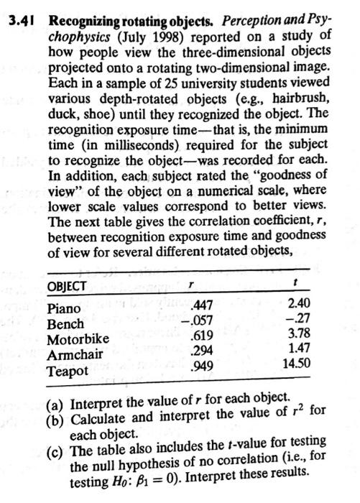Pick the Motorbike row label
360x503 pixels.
78,338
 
